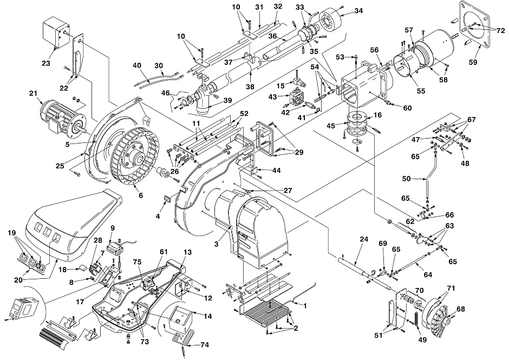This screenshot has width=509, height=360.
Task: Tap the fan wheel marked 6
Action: [135, 156]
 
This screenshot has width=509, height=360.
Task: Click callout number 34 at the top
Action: [358, 11]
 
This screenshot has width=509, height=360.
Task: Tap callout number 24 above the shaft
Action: [364, 239]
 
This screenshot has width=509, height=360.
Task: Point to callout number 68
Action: [460, 309]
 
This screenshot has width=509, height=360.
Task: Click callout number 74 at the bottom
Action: [205, 345]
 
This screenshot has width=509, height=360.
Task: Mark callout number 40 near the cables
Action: [137, 66]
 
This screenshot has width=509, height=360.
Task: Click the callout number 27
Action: [288, 190]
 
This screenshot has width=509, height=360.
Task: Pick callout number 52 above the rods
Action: [244, 114]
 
